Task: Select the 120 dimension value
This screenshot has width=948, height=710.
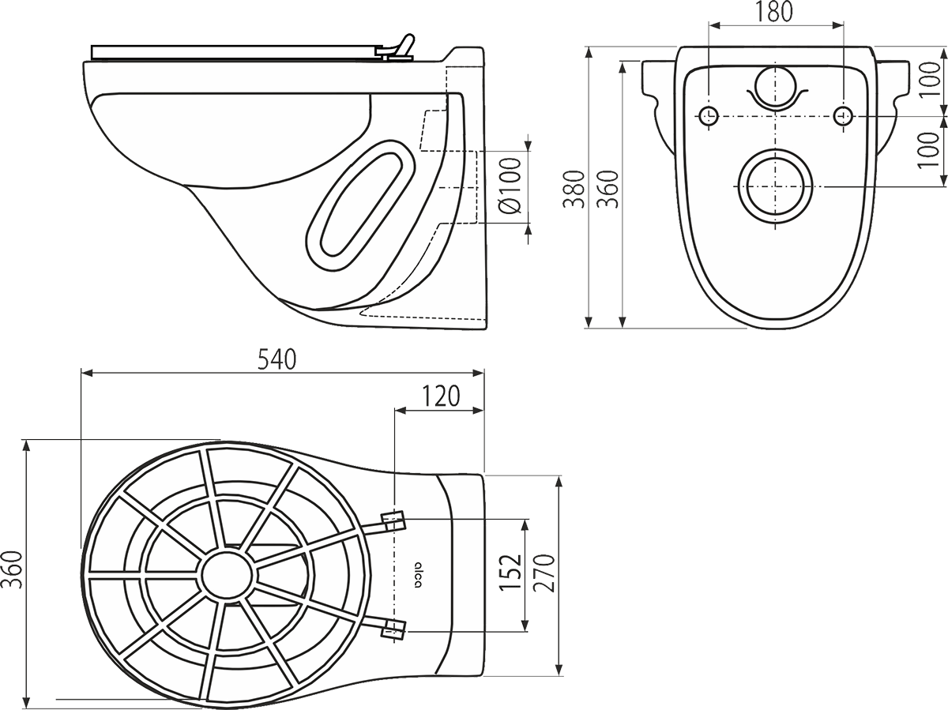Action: click(x=439, y=396)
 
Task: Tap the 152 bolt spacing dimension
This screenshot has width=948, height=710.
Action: click(x=512, y=572)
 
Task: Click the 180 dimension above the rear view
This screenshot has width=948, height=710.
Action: click(x=774, y=13)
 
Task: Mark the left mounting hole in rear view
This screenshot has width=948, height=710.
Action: click(x=709, y=115)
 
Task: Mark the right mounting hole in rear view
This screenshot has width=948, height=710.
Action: click(x=842, y=115)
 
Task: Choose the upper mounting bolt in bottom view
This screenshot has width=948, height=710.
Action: click(x=393, y=520)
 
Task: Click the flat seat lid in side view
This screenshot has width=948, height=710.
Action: click(x=237, y=51)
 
